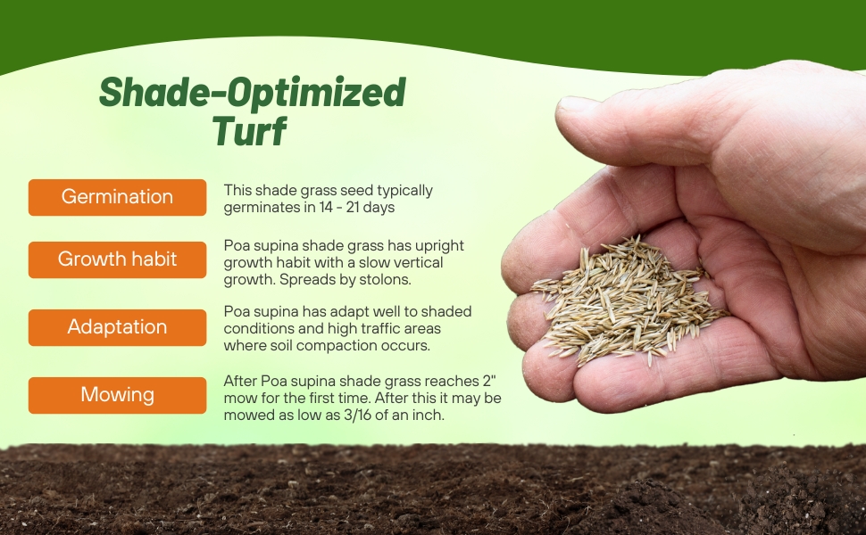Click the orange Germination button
pyautogui.click(x=117, y=197)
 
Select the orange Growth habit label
pyautogui.click(x=117, y=259)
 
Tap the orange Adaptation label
pyautogui.click(x=117, y=327)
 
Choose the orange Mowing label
pyautogui.click(x=117, y=395)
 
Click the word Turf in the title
pyautogui.click(x=249, y=131)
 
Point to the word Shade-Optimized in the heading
pyautogui.click(x=253, y=92)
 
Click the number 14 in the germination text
pyautogui.click(x=326, y=208)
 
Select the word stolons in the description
pyautogui.click(x=385, y=279)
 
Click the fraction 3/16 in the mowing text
pyautogui.click(x=357, y=415)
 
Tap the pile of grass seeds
pyautogui.click(x=627, y=300)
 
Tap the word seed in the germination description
pyautogui.click(x=356, y=190)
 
